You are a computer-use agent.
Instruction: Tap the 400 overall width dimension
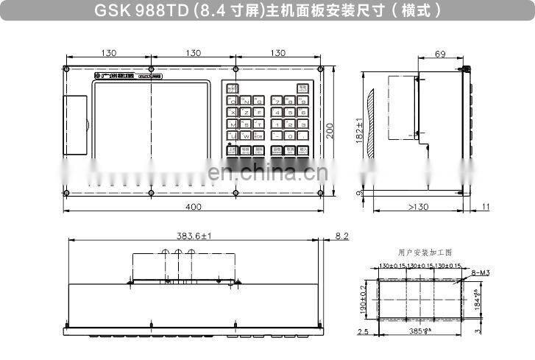pyautogui.click(x=193, y=207)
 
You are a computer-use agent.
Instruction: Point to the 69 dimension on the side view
pyautogui.click(x=441, y=54)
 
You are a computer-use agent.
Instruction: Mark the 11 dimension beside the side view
pyautogui.click(x=485, y=206)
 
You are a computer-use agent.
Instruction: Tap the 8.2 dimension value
pyautogui.click(x=341, y=236)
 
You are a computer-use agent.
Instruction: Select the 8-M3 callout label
pyautogui.click(x=478, y=272)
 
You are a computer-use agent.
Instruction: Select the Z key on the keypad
pyautogui.click(x=246, y=113)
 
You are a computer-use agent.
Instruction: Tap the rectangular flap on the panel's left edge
pyautogui.click(x=74, y=125)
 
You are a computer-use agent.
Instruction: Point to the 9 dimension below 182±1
pyautogui.click(x=358, y=193)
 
